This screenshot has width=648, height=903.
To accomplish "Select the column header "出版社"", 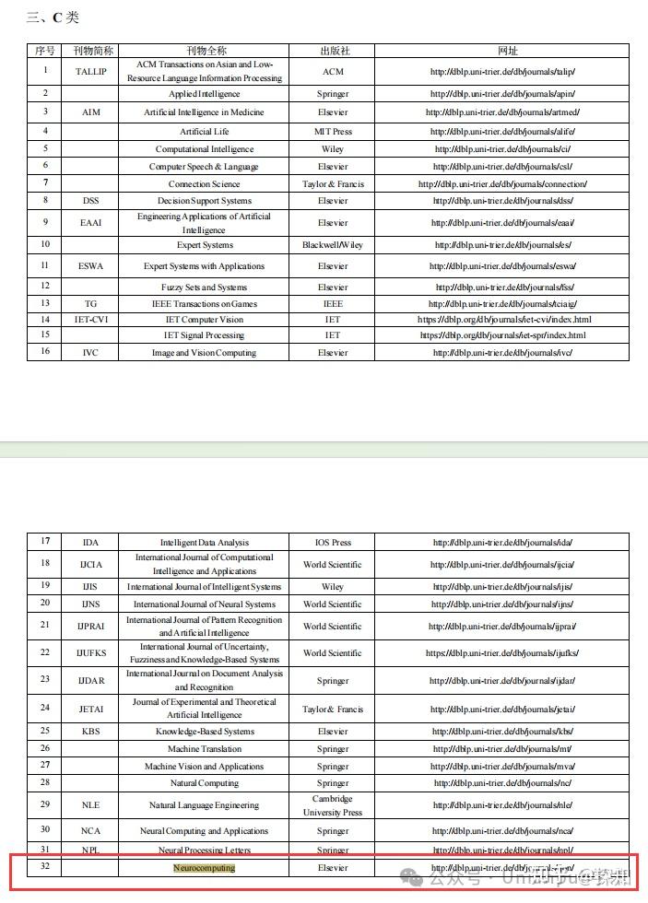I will click(x=333, y=51).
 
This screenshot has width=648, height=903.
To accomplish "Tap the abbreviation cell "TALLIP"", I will click(x=90, y=72).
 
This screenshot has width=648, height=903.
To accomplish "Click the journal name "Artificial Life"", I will click(x=204, y=132).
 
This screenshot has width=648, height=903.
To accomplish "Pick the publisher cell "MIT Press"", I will click(x=333, y=132).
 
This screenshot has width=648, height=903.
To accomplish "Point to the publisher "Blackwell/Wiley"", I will click(x=333, y=245).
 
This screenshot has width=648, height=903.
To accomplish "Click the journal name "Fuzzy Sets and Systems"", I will click(x=204, y=287).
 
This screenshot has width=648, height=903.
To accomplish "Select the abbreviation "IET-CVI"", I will click(x=90, y=320).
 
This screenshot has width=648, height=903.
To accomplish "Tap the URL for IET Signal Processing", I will click(x=502, y=335).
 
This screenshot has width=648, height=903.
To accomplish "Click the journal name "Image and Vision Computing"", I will click(x=204, y=353).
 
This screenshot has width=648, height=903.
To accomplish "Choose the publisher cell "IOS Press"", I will click(x=333, y=543).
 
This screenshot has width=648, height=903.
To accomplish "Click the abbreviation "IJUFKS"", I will click(x=90, y=653).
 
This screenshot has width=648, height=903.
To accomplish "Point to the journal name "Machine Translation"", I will click(x=204, y=749).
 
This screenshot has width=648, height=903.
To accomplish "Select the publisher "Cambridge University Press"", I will click(x=333, y=805).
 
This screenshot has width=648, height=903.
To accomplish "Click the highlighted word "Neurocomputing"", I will click(x=204, y=868).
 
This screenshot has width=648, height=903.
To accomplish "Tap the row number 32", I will click(x=45, y=867).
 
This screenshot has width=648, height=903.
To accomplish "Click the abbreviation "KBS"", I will click(x=90, y=732).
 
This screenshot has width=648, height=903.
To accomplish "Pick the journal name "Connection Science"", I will click(x=204, y=184).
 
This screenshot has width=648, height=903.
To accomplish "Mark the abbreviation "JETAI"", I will click(x=90, y=709).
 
